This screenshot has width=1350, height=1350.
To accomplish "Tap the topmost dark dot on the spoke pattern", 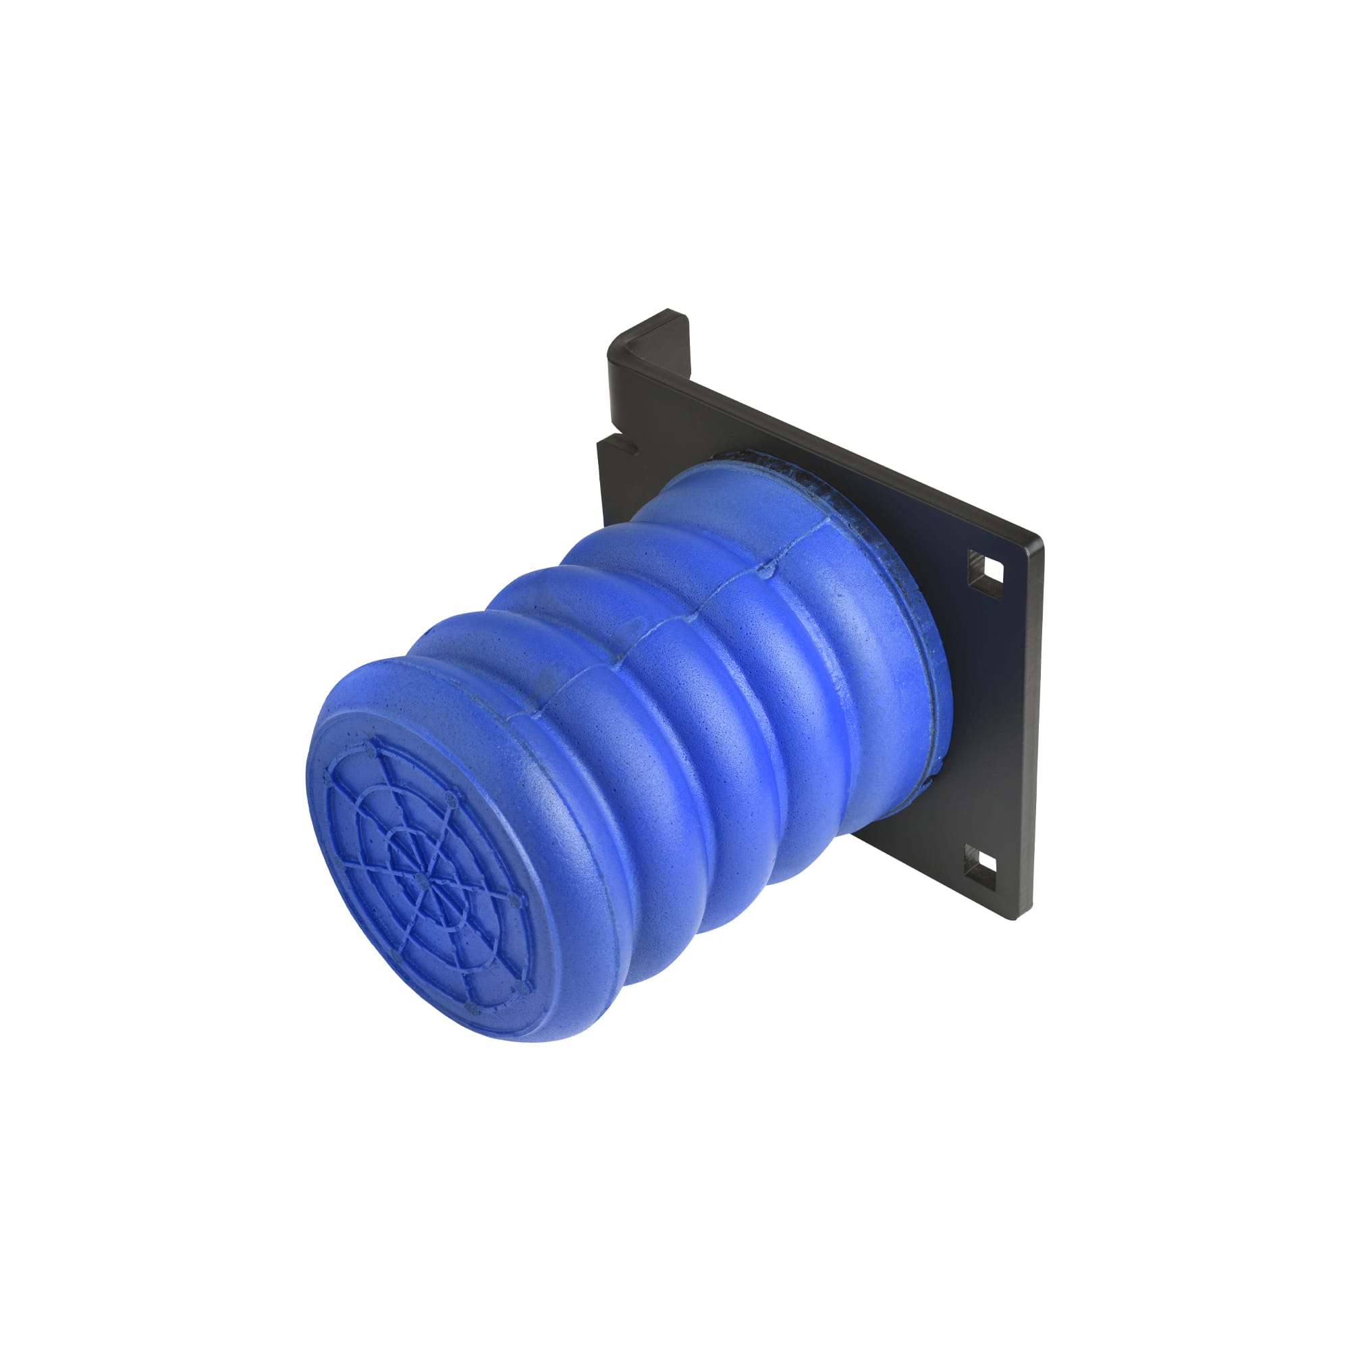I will click(x=369, y=747).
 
